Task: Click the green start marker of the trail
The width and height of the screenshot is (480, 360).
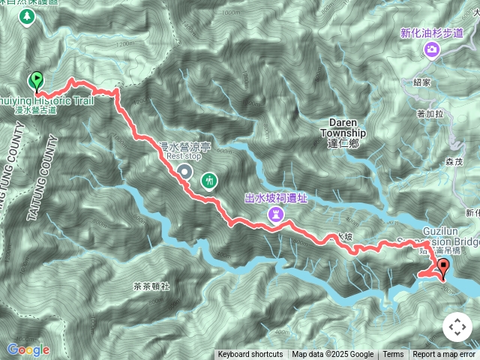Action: coord(34,80)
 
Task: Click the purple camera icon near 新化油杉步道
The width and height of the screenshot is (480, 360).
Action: coord(432,49)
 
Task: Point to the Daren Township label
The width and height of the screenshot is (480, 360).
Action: coord(343,127)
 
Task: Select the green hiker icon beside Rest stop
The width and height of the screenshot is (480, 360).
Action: coord(208,180)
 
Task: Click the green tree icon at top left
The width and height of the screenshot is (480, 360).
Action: coord(30,17)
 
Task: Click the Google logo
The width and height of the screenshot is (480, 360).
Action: coord(28,349)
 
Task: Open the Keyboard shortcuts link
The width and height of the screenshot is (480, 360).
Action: coord(250,355)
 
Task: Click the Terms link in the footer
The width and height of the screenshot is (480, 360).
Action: coord(393,355)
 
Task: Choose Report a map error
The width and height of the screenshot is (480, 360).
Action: coord(444,355)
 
